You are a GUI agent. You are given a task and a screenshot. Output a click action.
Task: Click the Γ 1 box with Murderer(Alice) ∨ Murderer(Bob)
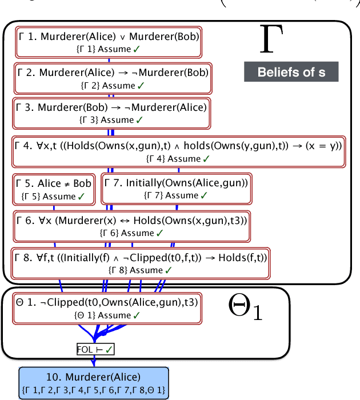pos(107,42)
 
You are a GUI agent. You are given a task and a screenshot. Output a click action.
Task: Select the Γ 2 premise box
pos(111,79)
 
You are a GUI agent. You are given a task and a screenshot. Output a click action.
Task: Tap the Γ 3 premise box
pos(110,112)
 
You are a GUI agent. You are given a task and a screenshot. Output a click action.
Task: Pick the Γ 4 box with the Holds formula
pos(178,151)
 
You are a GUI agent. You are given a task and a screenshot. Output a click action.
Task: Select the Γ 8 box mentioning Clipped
pos(141,263)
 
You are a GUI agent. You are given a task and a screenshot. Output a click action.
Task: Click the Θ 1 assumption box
pos(106,308)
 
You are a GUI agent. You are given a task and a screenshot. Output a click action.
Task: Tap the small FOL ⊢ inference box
pos(95,349)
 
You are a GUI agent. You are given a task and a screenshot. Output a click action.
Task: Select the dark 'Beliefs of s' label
pos(291,72)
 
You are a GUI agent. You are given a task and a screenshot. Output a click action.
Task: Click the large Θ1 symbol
pos(245,308)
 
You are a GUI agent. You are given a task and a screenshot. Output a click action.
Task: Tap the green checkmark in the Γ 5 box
pos(82,196)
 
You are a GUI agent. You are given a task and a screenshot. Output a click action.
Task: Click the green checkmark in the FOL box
pos(109,349)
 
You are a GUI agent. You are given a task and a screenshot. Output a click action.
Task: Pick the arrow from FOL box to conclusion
pos(95,360)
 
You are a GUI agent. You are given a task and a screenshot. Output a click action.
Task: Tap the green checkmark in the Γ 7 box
pos(205,196)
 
